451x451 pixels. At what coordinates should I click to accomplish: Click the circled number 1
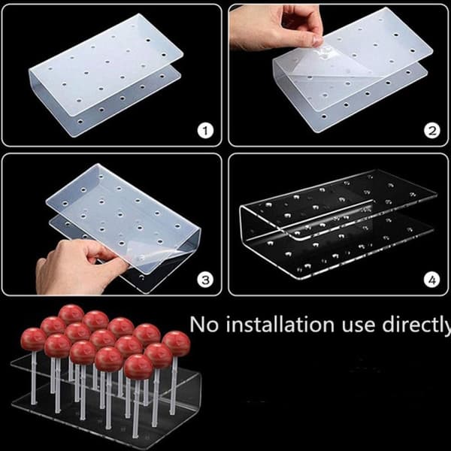[x=205, y=131]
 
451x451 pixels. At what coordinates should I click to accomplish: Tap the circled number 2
[x=432, y=131]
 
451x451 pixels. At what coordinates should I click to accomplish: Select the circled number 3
[x=205, y=280]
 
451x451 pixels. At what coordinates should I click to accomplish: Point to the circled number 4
[x=432, y=280]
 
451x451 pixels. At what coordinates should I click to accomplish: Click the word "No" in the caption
[x=204, y=325]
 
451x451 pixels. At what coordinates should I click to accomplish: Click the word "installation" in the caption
[x=280, y=324]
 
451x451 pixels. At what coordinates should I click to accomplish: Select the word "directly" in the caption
[x=416, y=325]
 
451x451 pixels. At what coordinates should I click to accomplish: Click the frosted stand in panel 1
[x=106, y=75]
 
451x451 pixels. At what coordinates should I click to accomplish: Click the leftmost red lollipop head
[x=33, y=340]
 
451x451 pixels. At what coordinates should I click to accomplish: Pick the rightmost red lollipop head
[x=176, y=344]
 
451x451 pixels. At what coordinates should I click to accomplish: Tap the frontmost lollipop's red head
[x=138, y=367]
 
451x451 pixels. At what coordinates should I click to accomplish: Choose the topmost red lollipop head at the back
[x=71, y=314]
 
